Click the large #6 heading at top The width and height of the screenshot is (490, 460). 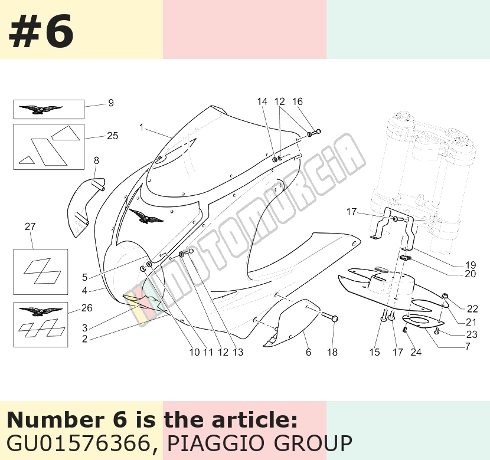[x=41, y=31]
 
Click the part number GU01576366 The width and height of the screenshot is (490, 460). [x=78, y=443]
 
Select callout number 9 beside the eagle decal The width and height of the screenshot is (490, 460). [x=110, y=103]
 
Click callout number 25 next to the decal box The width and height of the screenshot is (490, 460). [x=113, y=136]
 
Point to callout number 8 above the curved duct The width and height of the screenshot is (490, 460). [x=96, y=160]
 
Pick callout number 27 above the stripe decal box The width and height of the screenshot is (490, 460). [x=30, y=226]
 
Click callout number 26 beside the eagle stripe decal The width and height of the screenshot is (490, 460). [x=87, y=308]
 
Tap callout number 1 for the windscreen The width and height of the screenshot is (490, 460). [x=142, y=127]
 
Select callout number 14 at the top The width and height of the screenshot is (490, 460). [x=262, y=101]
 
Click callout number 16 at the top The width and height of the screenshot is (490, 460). [x=298, y=101]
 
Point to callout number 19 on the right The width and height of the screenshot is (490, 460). [x=471, y=265]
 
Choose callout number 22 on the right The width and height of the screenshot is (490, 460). [x=472, y=309]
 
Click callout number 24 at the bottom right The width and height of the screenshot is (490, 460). [x=416, y=352]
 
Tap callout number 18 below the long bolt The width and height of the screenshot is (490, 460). [x=332, y=352]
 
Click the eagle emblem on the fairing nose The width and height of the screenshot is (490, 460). [x=146, y=216]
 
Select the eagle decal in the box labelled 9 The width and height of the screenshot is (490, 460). [x=40, y=110]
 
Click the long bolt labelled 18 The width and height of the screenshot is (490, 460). [x=329, y=318]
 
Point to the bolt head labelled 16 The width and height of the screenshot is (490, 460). [x=316, y=132]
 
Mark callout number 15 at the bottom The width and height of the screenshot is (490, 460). [x=374, y=352]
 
